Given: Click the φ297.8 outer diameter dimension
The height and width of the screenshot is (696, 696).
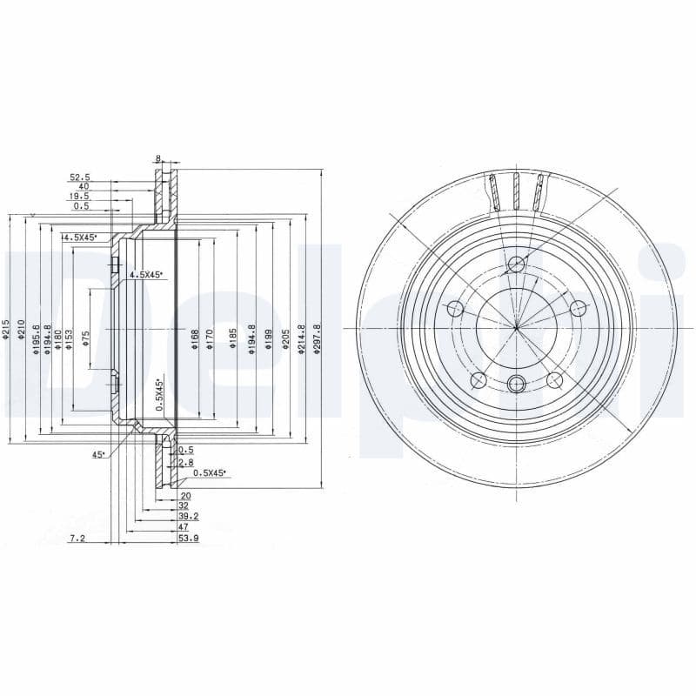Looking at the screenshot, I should coord(318,333).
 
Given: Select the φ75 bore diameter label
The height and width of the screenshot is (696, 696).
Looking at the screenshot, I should coord(85,338).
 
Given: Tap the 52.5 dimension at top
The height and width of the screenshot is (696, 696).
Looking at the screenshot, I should coord(80,177).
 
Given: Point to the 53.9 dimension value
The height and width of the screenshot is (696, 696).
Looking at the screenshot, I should coord(187,539).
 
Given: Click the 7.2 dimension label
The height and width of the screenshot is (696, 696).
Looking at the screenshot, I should coord(77,539).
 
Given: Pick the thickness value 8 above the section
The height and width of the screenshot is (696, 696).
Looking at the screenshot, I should coord(158,158).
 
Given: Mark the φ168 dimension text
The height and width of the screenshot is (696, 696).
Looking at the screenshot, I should coord(195,338).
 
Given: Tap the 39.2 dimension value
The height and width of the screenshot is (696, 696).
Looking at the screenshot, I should coord(187,516).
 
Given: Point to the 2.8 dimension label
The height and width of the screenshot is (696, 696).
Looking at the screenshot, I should coord(185,462).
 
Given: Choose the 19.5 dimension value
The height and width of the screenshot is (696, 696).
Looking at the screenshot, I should coord(80,197).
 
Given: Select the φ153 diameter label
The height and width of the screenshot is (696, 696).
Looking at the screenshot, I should coord(70,338).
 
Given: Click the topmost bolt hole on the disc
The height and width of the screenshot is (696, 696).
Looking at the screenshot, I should coord(517,264).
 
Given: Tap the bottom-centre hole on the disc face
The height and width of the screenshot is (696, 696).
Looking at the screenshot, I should coord(517,384).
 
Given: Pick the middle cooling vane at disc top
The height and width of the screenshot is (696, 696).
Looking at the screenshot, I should coord(516,191).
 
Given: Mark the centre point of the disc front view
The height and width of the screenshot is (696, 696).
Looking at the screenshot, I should coord(516,328).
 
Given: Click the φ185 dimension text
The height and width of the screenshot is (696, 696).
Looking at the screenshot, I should coord(233,338).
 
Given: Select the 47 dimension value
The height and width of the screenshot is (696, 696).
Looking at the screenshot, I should coord(184,527).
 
